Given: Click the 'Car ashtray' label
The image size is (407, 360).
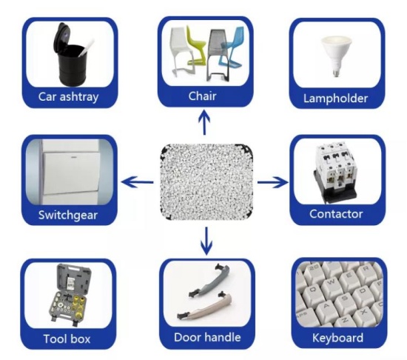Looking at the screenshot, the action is [69, 97].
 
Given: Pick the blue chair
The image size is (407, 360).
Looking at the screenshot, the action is [231, 50].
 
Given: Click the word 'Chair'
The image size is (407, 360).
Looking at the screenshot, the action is [203, 96].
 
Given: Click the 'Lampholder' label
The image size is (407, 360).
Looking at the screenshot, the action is [336, 99].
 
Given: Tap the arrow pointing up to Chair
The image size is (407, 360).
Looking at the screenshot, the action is [205, 122].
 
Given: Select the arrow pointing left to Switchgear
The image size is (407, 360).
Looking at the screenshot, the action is [138, 181].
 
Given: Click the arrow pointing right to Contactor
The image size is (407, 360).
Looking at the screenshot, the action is [272, 182].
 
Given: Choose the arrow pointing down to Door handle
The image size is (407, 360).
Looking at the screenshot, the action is [206, 241].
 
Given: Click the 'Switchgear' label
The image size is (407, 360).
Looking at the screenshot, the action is [68, 216].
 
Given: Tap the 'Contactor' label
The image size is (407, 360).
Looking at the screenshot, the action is [336, 214].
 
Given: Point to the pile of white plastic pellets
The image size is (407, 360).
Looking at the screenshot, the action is [207, 181].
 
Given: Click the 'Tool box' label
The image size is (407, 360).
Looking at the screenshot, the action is [67, 339].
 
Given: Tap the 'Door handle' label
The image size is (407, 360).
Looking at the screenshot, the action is [207, 337].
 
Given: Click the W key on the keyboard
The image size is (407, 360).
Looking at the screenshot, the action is [332, 282].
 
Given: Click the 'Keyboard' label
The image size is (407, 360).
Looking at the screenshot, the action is [337, 338].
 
